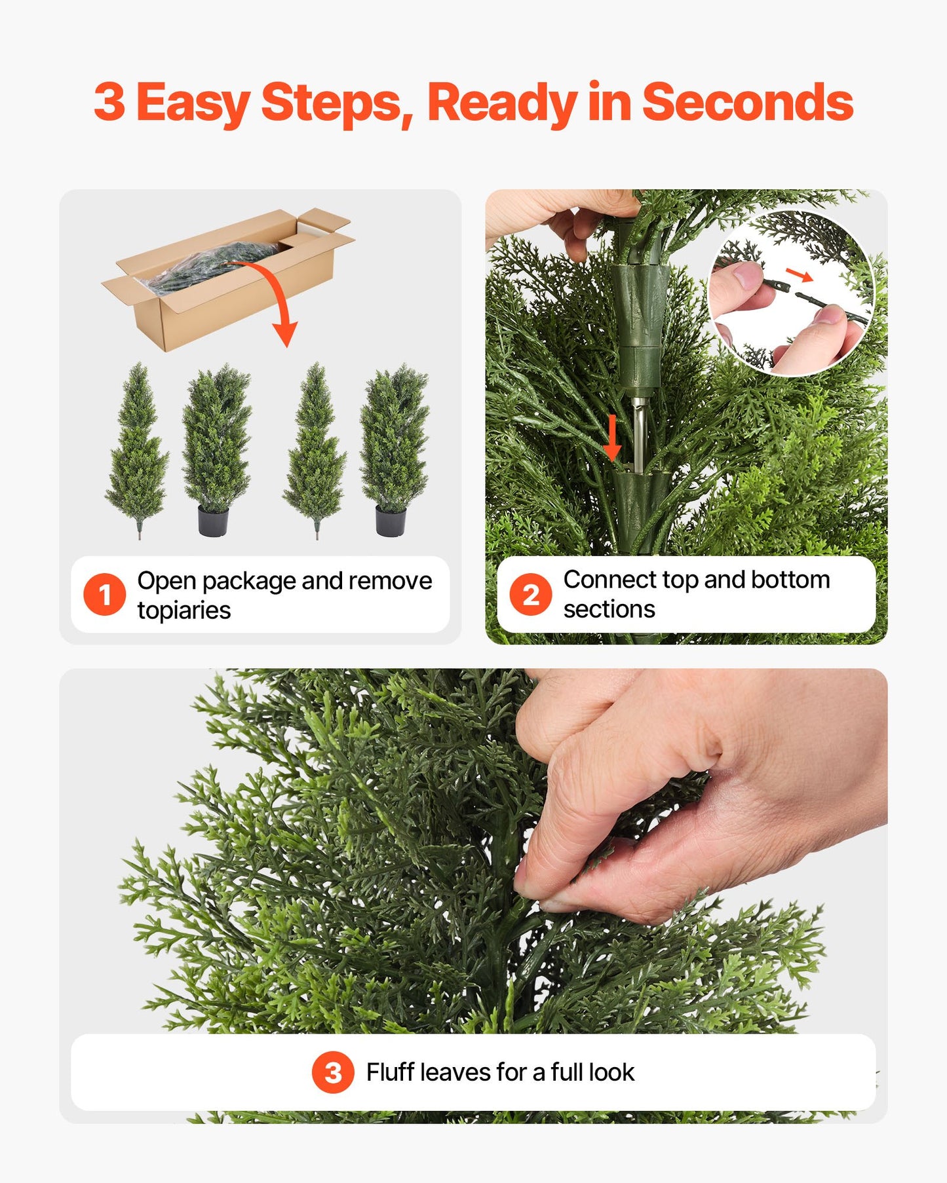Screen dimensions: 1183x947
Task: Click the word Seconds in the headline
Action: click(x=747, y=103)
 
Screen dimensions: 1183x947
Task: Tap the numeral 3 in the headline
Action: click(x=109, y=103)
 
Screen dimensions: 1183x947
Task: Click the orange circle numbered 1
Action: click(x=104, y=595)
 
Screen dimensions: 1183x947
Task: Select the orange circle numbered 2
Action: click(x=530, y=595)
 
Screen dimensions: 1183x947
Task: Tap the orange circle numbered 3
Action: click(x=333, y=1072)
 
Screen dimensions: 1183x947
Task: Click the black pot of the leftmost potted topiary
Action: click(x=213, y=521)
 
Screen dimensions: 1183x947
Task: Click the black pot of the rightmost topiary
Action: click(x=391, y=521)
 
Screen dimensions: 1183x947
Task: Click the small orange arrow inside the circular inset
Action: click(x=799, y=274)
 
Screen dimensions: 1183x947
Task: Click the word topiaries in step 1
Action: click(x=184, y=610)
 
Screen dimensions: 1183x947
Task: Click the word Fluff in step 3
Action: click(x=390, y=1072)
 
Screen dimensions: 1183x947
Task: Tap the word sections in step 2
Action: click(x=609, y=609)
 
